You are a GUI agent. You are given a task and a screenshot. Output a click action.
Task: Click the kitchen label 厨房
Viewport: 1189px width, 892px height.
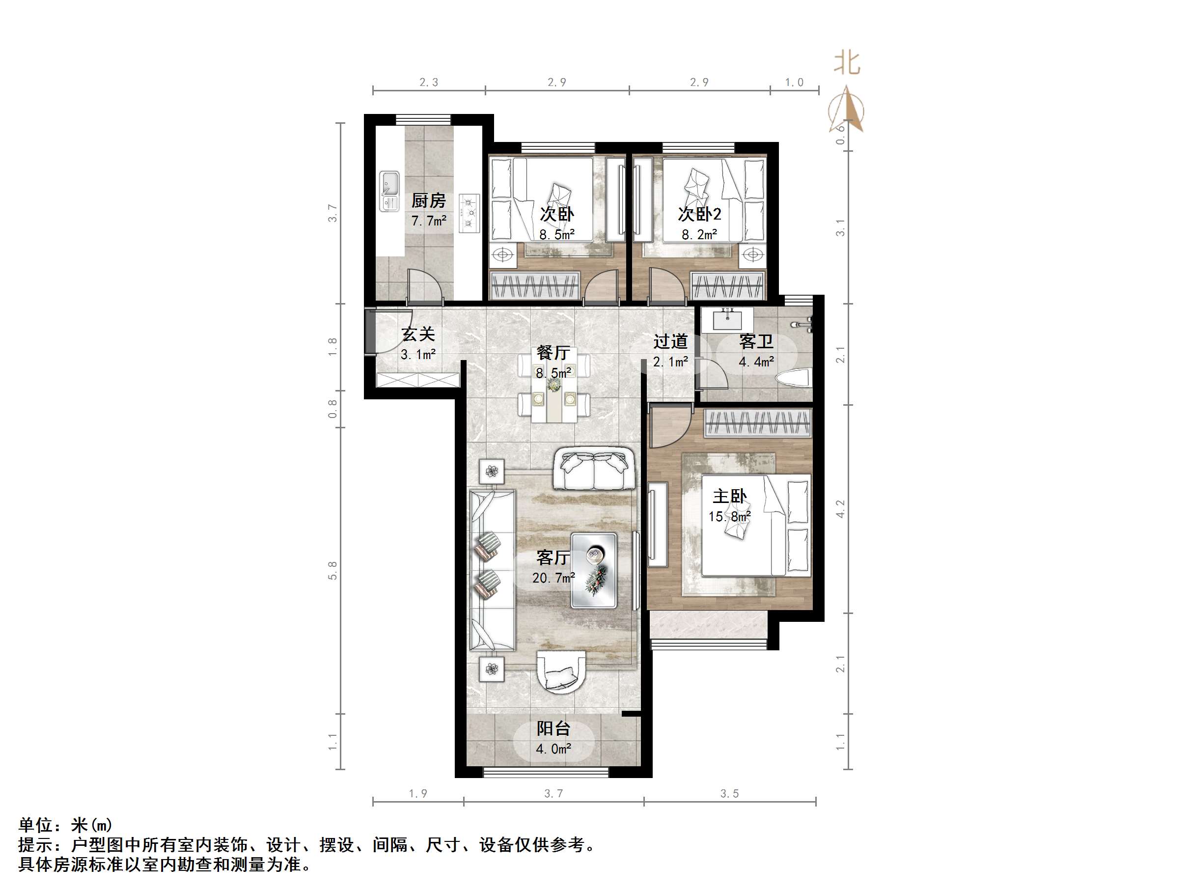428,201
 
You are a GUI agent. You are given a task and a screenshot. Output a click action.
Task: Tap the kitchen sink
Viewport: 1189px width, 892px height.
389,191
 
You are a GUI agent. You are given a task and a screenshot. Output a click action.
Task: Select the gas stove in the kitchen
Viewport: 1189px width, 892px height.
469,213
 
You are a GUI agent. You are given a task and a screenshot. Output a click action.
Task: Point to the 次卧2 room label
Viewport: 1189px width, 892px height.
699,215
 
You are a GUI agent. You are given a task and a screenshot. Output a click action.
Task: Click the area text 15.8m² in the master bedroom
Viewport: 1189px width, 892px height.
729,517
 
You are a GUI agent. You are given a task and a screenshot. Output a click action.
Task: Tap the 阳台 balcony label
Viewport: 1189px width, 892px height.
553,728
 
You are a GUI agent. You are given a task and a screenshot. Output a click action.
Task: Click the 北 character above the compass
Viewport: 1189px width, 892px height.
847,63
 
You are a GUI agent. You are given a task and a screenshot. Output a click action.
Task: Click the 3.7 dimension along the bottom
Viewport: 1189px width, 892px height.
553,794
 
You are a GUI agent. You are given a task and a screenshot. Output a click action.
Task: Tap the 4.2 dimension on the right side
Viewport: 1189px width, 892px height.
840,509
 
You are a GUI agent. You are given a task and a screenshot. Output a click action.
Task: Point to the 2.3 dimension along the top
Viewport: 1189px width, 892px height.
428,82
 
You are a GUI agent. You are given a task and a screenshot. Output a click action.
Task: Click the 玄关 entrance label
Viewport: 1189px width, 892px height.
418,334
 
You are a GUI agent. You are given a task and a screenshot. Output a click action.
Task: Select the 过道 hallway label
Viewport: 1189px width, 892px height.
670,341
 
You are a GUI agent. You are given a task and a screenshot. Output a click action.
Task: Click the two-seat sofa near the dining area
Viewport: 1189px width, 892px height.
593,469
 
